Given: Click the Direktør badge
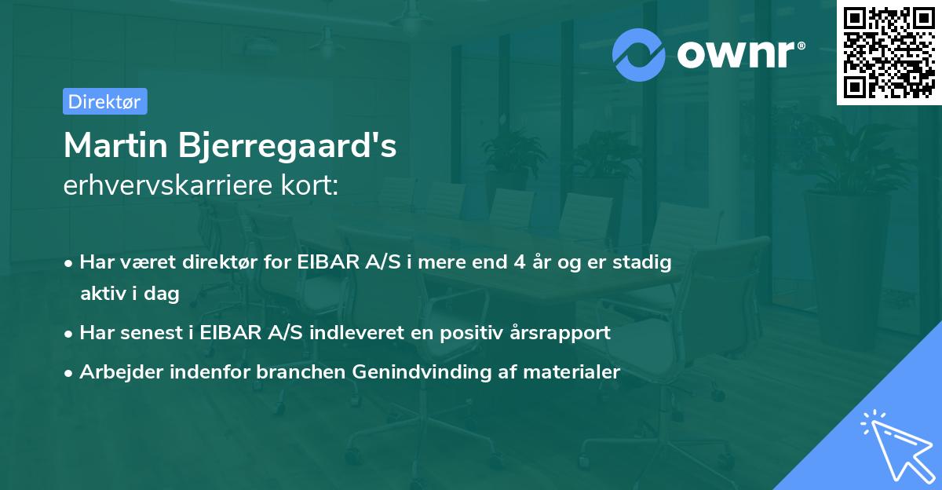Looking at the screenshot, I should [x=104, y=101].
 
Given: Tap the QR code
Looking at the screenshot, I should [x=889, y=53].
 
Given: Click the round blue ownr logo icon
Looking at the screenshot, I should [x=639, y=54].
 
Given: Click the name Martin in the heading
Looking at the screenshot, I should [x=118, y=146].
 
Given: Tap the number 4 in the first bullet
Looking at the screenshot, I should [x=520, y=262].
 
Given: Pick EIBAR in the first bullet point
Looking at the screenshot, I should [x=323, y=262].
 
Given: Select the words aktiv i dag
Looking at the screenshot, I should [x=130, y=294].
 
